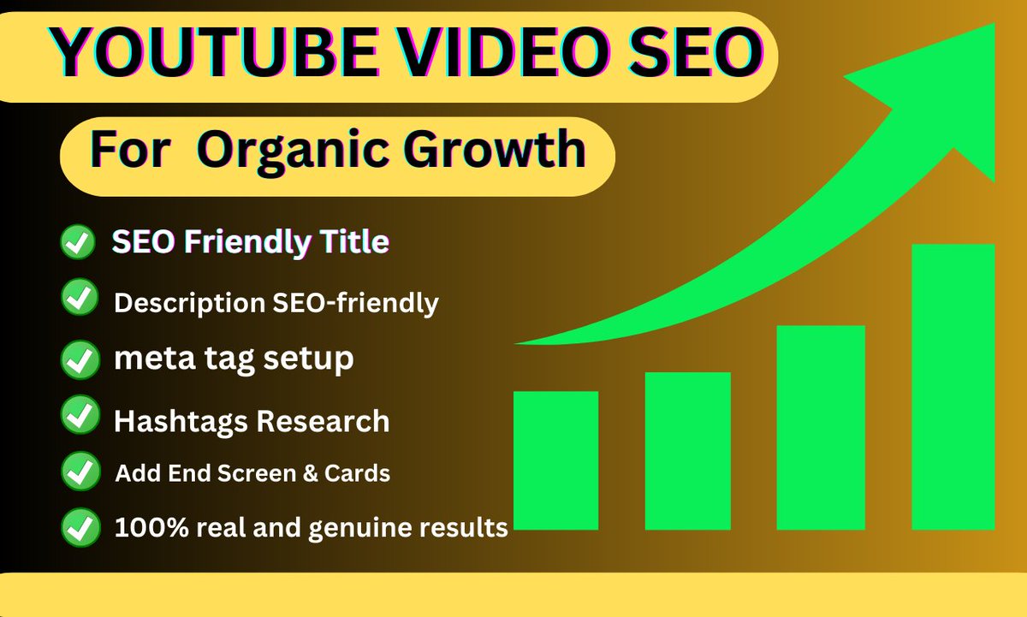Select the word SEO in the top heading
(x=689, y=53)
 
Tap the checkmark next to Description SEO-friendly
(x=80, y=299)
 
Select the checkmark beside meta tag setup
(x=80, y=359)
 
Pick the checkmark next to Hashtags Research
(x=80, y=417)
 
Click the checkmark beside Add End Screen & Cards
(x=80, y=471)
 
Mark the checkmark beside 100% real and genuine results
(x=80, y=525)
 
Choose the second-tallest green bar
(x=820, y=427)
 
